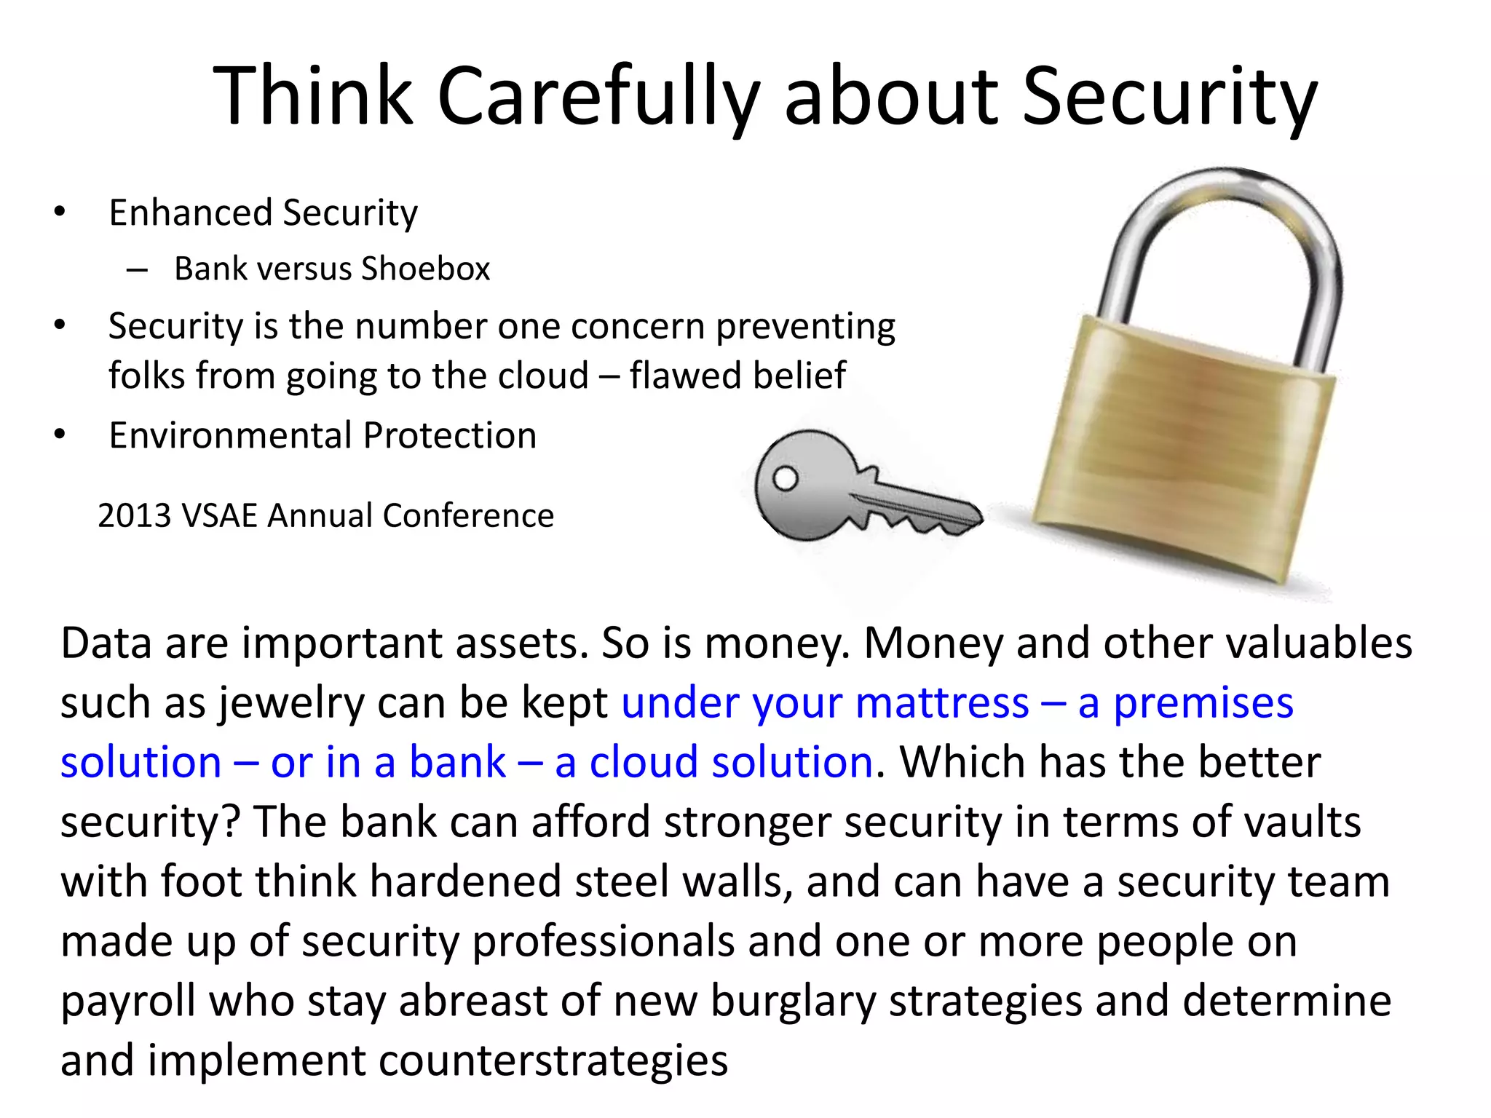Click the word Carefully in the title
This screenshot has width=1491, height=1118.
click(x=597, y=98)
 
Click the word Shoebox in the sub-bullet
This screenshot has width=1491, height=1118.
click(x=426, y=269)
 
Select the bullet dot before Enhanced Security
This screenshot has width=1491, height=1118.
click(x=60, y=213)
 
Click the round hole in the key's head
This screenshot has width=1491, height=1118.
click(x=785, y=478)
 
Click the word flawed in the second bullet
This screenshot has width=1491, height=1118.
click(x=674, y=376)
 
